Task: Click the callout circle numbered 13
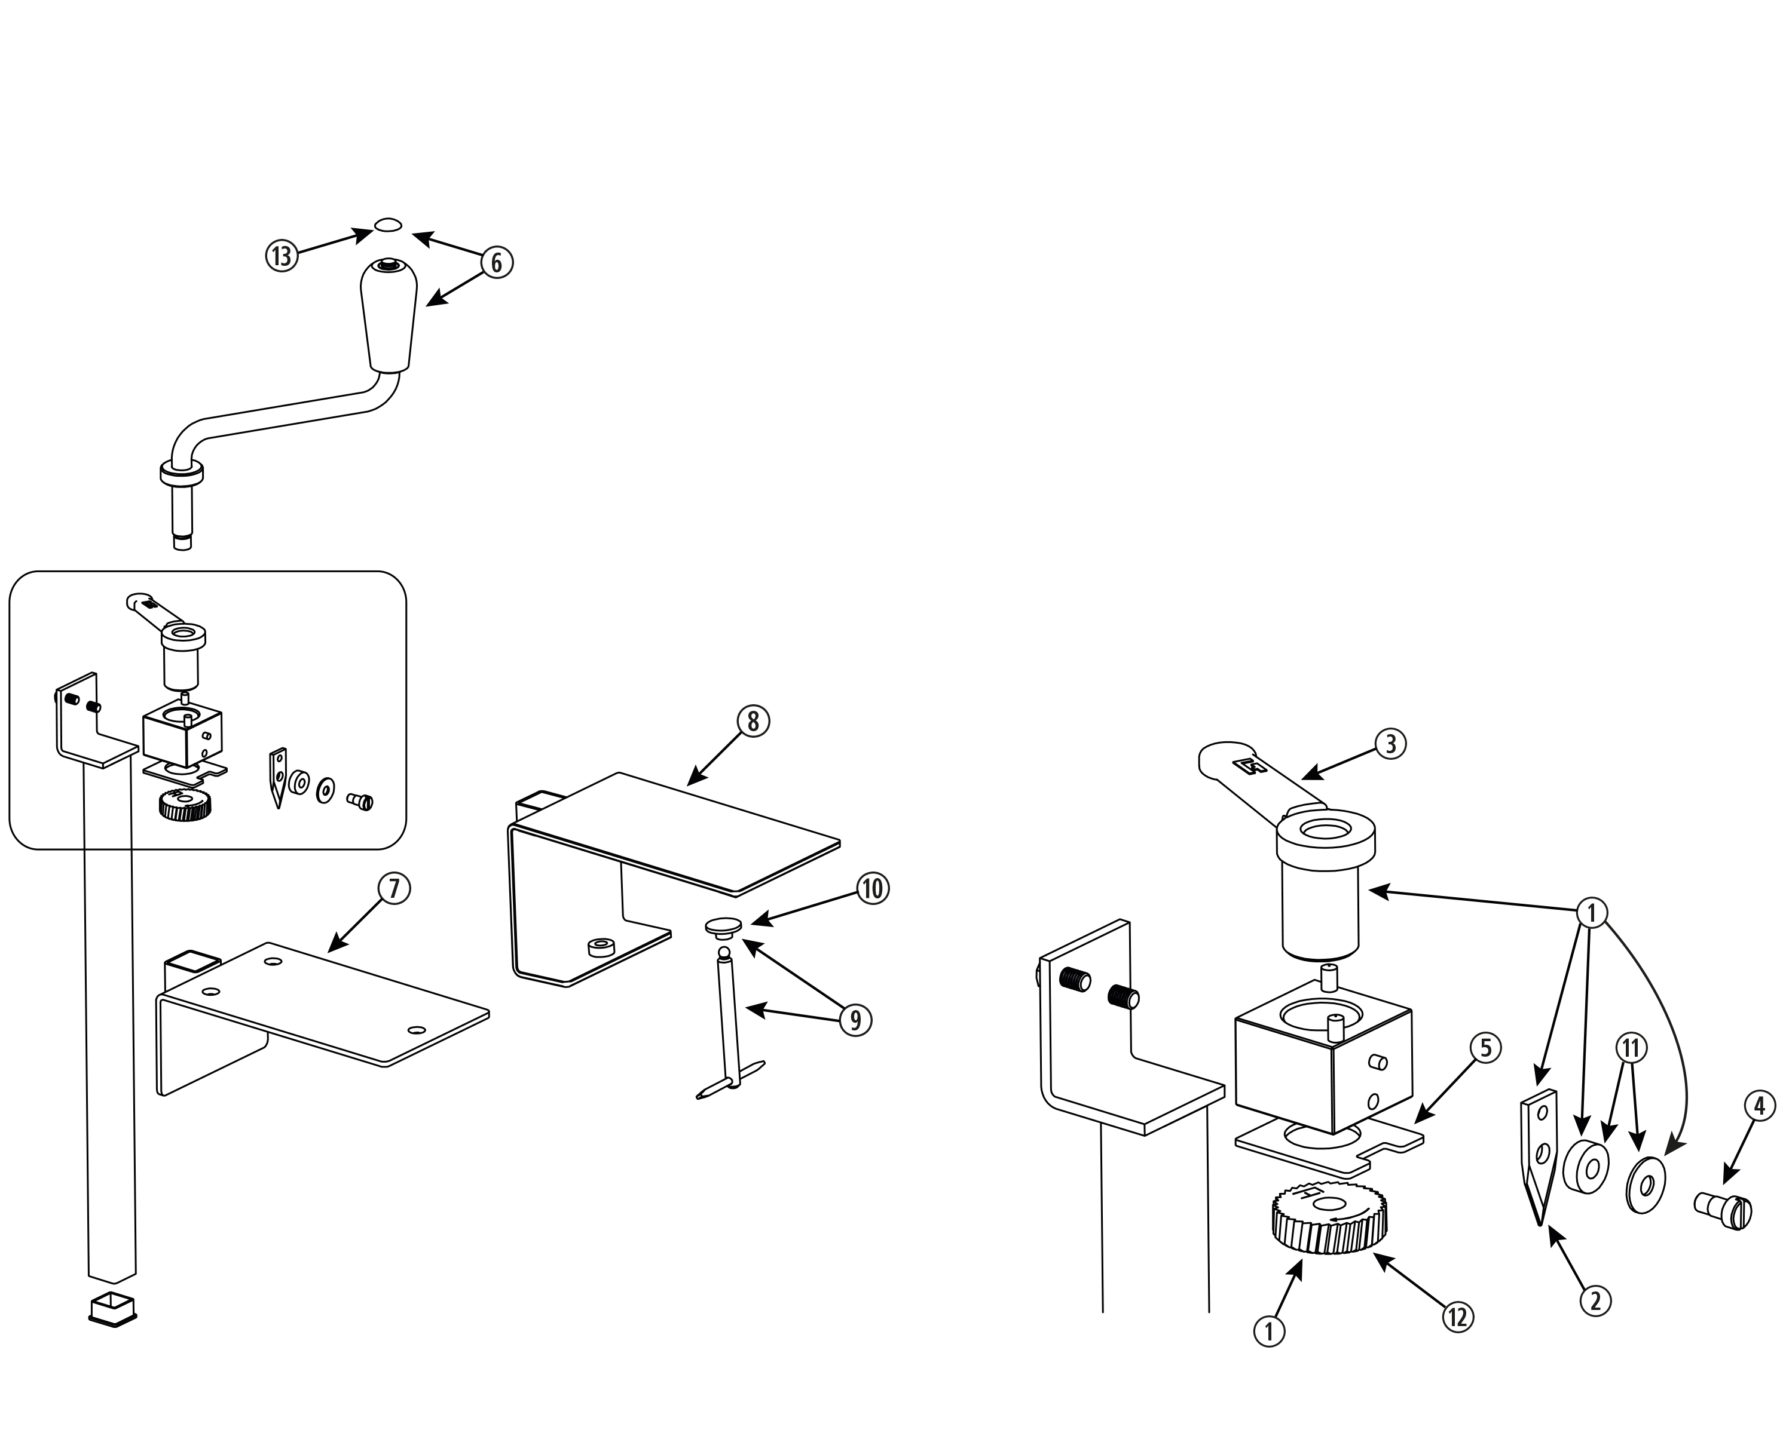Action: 281,255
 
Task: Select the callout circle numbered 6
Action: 497,262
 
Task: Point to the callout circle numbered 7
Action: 394,889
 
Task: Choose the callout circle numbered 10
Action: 871,889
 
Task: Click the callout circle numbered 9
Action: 855,1020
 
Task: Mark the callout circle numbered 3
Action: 1391,744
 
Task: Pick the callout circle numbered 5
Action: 1485,1048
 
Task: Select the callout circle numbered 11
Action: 1631,1048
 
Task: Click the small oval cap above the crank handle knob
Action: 388,225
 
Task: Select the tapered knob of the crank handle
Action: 388,315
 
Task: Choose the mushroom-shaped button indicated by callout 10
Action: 724,926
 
